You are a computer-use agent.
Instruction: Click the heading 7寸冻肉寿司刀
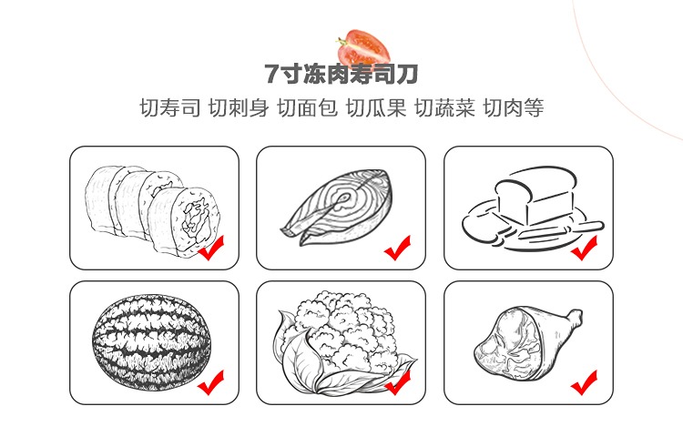[341, 74]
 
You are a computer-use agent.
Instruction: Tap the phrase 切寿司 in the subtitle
[170, 107]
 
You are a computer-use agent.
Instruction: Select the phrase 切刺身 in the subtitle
[239, 107]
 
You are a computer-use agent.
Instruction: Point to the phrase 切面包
[308, 107]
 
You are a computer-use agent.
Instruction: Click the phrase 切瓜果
[376, 107]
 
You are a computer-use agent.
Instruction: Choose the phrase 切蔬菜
[444, 107]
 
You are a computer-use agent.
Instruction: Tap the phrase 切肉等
[514, 107]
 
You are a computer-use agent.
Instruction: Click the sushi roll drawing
[153, 208]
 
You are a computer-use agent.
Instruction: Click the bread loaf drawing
[533, 208]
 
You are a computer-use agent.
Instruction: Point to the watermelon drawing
[151, 342]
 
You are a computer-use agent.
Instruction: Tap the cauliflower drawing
[341, 342]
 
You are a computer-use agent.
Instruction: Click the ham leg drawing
[528, 343]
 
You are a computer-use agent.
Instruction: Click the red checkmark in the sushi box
[211, 249]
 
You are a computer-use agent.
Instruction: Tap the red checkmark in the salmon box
[397, 249]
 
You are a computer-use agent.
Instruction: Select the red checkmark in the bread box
[584, 249]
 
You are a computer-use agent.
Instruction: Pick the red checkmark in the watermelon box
[211, 382]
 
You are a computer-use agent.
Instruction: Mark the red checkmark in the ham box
[584, 382]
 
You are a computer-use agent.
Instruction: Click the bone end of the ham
[576, 318]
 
